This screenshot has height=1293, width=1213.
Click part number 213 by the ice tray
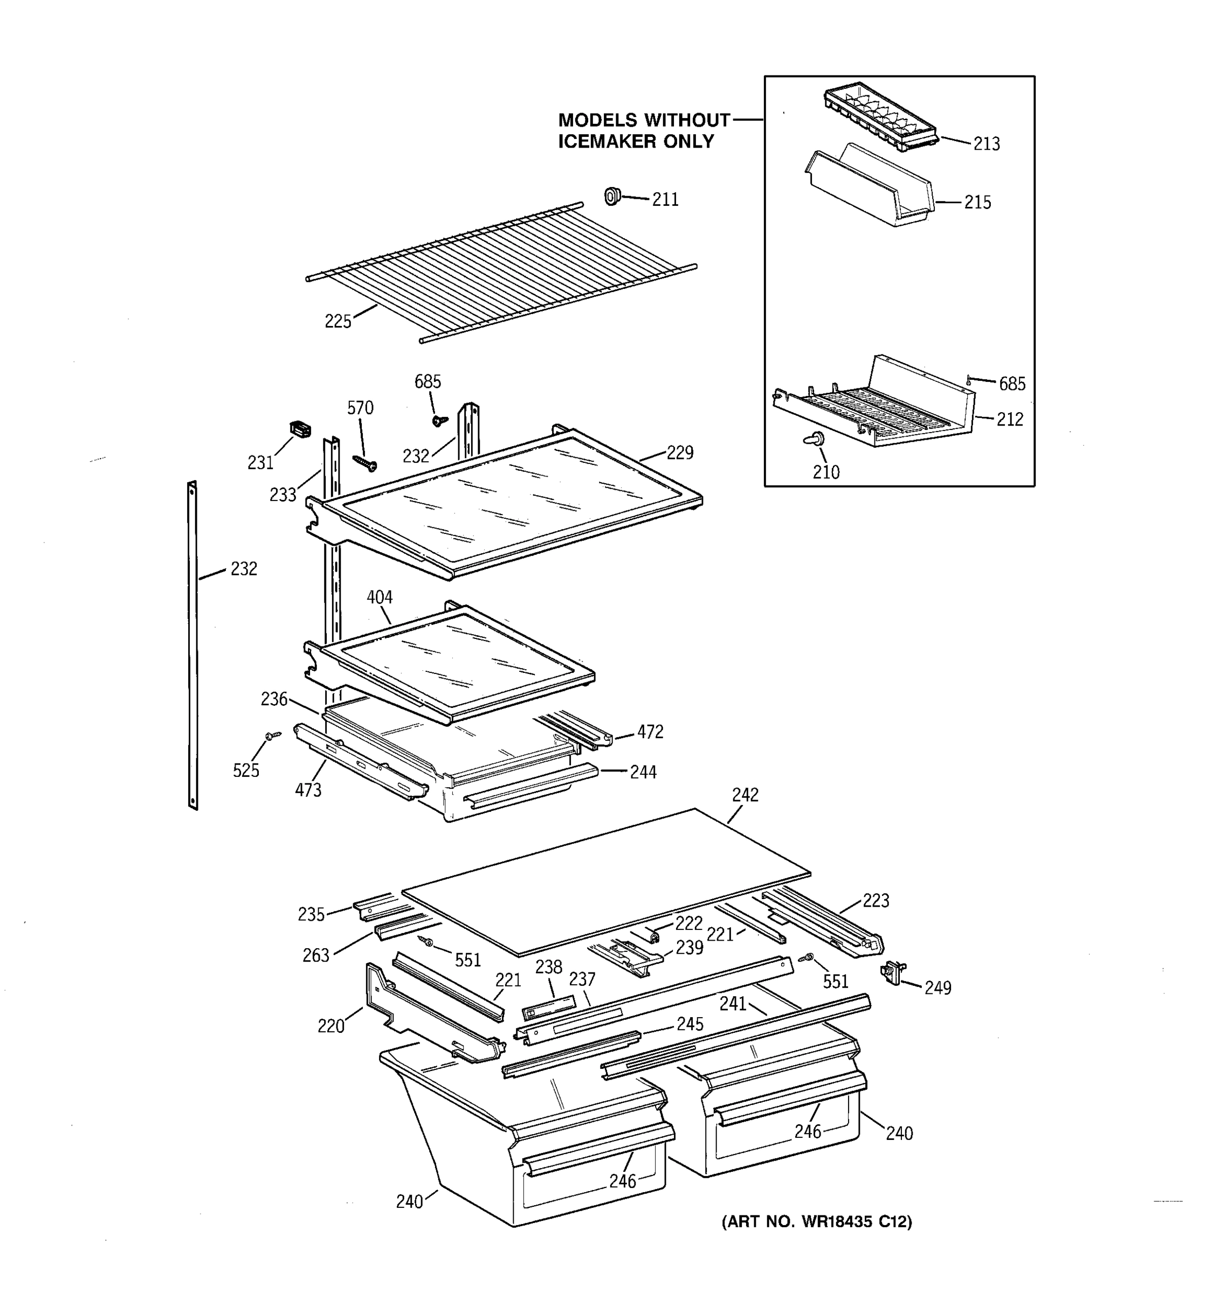click(x=986, y=144)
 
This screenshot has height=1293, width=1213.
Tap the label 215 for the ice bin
click(x=977, y=202)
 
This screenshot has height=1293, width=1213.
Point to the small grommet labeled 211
click(x=611, y=195)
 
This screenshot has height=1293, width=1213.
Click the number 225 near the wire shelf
click(x=337, y=321)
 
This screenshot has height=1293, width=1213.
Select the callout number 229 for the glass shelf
click(x=680, y=453)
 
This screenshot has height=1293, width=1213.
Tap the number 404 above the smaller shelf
click(x=380, y=597)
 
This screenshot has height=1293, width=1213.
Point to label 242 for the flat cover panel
click(x=745, y=795)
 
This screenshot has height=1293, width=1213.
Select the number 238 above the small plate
click(x=549, y=967)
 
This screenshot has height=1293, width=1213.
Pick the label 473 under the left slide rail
click(x=308, y=790)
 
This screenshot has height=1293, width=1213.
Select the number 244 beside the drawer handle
click(x=643, y=772)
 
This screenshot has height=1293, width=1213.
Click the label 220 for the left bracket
click(x=330, y=1026)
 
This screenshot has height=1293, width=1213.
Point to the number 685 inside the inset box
click(x=1012, y=384)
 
